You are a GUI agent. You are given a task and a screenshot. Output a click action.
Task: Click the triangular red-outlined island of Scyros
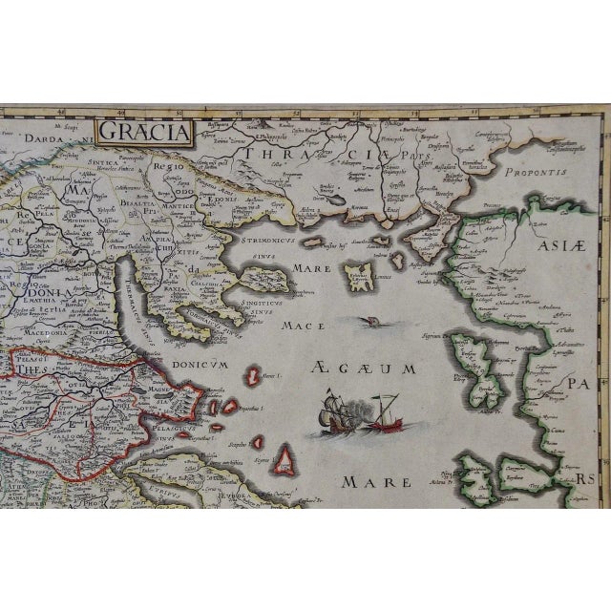(x=284, y=461)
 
